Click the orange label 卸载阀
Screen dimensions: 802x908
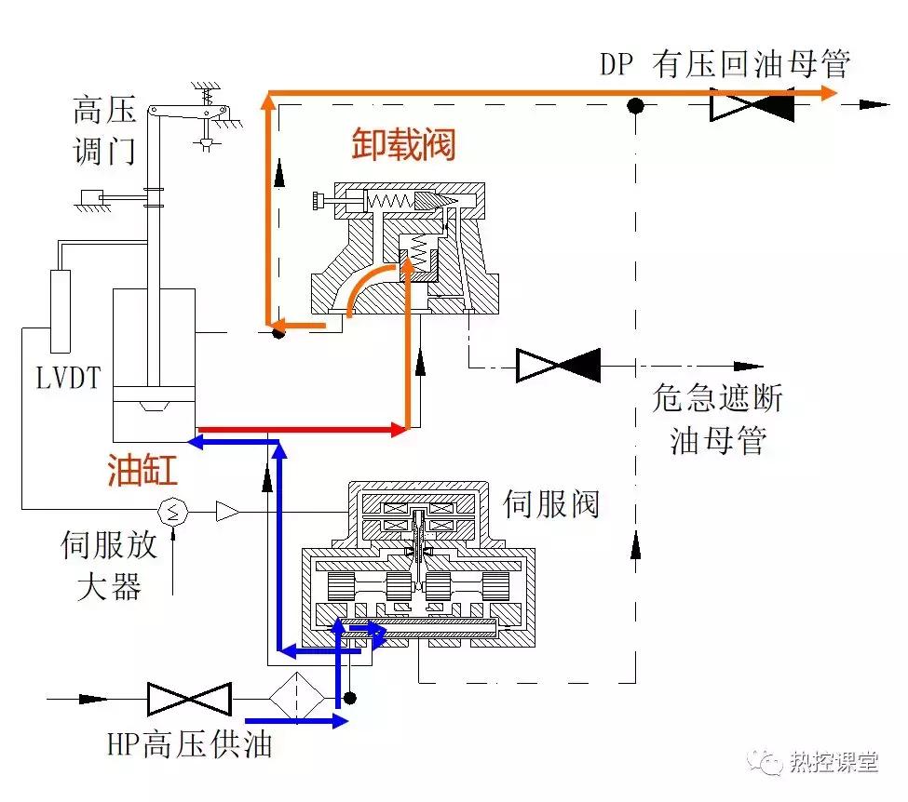[403, 145]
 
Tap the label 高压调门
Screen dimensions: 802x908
[104, 130]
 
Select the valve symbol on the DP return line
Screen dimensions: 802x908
[752, 104]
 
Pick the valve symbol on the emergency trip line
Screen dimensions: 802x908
[558, 365]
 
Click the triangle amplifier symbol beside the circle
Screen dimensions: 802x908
[226, 510]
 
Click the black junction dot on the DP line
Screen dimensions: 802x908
[635, 104]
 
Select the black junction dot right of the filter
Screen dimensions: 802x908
[350, 698]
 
